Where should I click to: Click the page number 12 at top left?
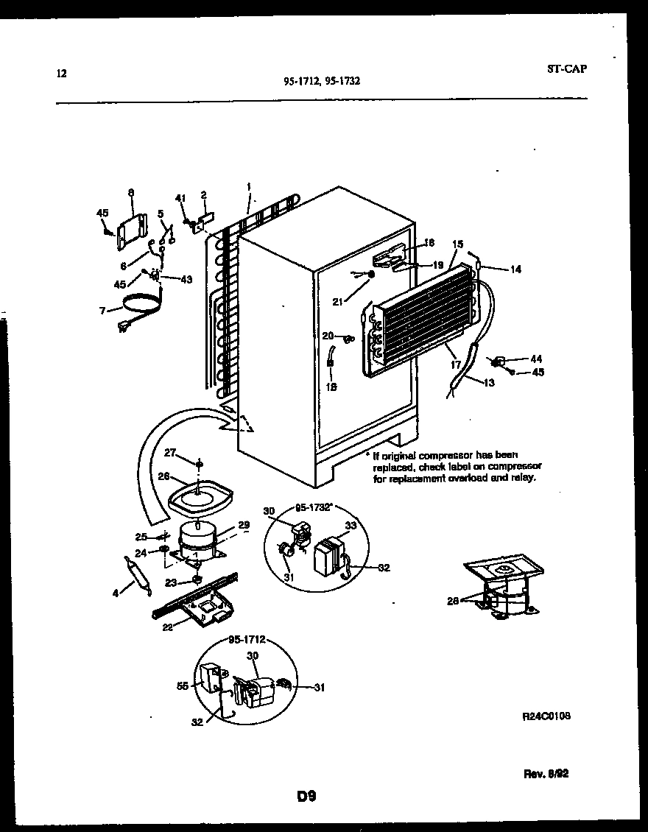tap(62, 73)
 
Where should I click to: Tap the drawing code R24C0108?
tap(546, 716)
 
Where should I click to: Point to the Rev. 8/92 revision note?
tap(546, 774)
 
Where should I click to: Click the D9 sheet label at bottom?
tap(306, 796)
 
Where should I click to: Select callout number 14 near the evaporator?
tap(515, 269)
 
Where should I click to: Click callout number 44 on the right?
tap(535, 359)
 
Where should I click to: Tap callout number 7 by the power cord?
tap(102, 310)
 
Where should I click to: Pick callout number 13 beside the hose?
tap(489, 381)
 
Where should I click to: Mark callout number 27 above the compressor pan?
tap(170, 453)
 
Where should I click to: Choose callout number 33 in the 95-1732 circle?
tap(350, 525)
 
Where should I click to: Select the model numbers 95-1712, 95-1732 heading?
tap(322, 82)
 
